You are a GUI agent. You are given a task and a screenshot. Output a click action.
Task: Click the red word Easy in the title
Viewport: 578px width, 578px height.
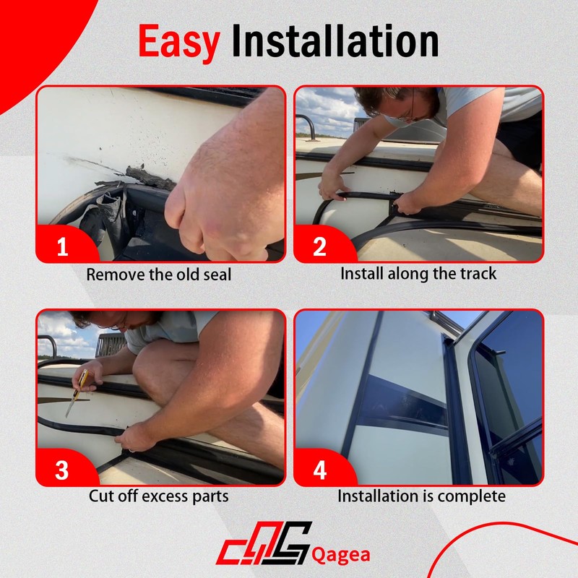[179, 41]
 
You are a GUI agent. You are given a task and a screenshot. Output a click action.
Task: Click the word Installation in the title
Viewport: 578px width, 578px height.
[335, 40]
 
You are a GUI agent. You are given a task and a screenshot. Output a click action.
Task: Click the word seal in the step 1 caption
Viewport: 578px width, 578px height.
[217, 275]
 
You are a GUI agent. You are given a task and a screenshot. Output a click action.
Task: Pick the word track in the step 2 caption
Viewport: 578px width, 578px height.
[478, 274]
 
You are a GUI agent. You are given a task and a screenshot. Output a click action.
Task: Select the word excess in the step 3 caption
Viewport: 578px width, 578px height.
[165, 496]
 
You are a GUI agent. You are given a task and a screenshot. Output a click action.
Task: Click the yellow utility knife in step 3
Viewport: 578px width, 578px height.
[77, 392]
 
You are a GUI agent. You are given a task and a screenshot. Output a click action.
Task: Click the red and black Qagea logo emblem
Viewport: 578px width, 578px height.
[264, 543]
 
